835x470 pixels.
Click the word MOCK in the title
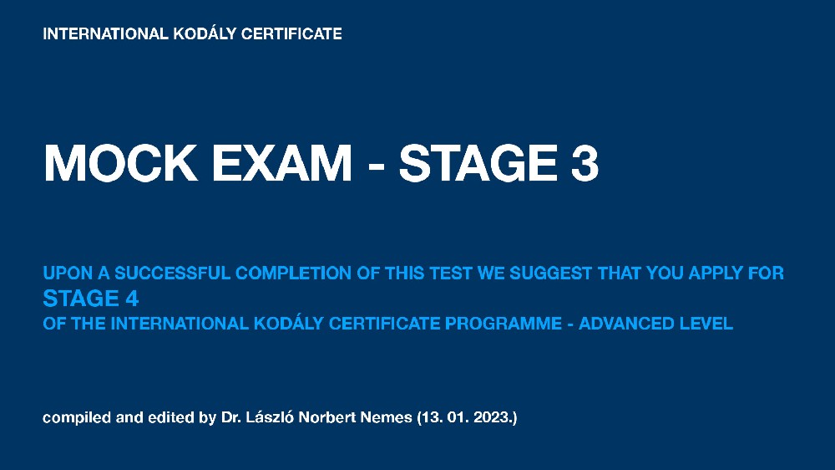(120, 163)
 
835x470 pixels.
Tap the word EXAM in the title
(281, 163)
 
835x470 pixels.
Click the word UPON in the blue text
(68, 273)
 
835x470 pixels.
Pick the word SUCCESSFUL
(173, 273)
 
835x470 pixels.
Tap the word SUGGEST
(550, 273)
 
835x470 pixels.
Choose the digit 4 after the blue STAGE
(132, 299)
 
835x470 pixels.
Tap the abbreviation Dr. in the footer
(231, 417)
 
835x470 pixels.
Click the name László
(270, 416)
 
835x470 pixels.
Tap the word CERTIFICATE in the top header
(291, 33)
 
